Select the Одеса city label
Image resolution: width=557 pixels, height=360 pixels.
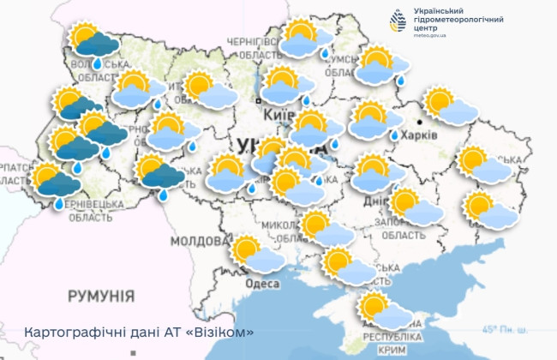tap(261, 284)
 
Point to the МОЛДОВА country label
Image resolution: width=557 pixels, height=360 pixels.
tap(197, 241)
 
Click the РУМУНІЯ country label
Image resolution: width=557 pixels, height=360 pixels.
tap(101, 296)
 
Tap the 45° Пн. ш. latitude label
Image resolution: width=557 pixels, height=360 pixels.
tap(505, 330)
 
